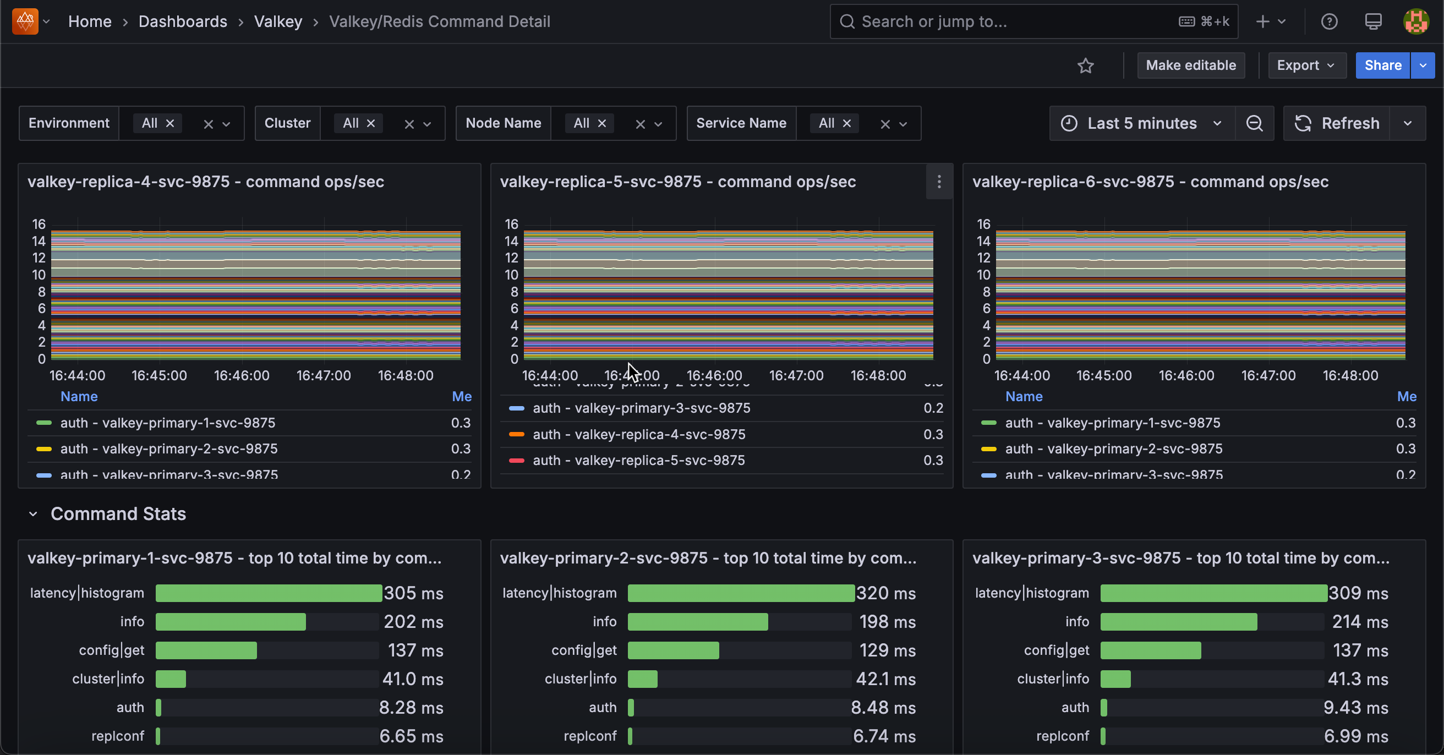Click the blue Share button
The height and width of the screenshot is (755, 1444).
[1382, 65]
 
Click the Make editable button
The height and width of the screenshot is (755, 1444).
[1190, 65]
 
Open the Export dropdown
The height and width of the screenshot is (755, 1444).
[1305, 65]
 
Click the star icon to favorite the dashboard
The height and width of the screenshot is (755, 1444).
[1085, 66]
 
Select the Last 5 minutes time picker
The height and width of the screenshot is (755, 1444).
[1141, 123]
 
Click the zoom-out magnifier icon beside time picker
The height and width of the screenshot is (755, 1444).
[1254, 123]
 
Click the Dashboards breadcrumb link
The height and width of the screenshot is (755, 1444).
[183, 21]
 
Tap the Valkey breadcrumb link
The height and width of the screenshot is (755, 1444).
[278, 21]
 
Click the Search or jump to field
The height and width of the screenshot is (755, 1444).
[1009, 21]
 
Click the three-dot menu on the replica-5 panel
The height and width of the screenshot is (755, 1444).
[939, 182]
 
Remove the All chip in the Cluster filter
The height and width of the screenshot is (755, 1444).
[370, 123]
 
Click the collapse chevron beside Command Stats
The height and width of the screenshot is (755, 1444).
[33, 514]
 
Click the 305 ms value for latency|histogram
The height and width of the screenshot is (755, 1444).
[413, 593]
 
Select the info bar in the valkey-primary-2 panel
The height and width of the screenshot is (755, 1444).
[697, 622]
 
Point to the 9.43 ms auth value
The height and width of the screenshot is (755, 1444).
[1355, 707]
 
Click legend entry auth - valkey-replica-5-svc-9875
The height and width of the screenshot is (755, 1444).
[638, 460]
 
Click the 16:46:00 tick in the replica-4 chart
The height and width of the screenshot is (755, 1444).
[242, 375]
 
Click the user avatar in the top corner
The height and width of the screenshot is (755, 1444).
[1415, 21]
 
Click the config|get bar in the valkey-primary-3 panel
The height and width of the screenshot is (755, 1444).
[1150, 650]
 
